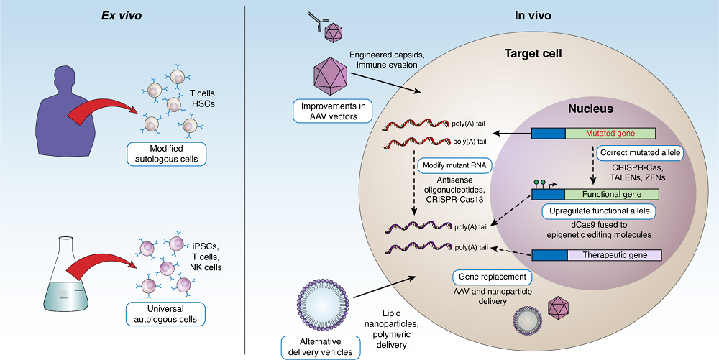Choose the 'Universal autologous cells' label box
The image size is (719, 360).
[165, 314]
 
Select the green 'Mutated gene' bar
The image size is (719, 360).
[610, 134]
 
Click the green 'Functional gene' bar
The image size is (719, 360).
[610, 194]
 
